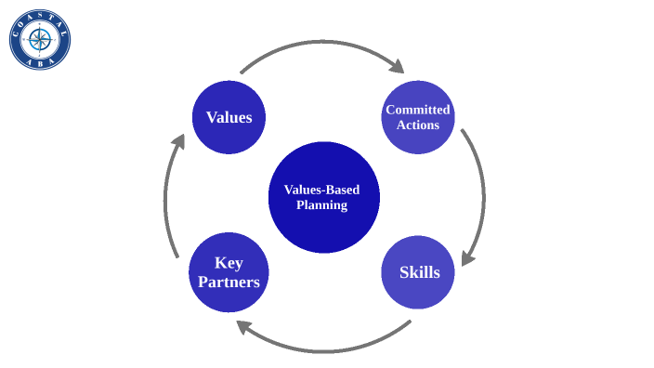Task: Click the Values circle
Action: click(229, 117)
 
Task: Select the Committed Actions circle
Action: click(418, 117)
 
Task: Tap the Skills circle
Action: click(418, 272)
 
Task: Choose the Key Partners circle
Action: click(229, 272)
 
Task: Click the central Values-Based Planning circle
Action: click(323, 197)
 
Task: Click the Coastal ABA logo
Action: click(40, 39)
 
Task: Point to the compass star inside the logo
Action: click(40, 39)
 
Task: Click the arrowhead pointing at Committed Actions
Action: click(398, 66)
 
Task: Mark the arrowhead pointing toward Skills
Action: click(468, 257)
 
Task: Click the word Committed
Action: click(418, 110)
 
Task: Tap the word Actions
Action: click(418, 125)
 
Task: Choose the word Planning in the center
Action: click(322, 205)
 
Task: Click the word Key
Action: click(229, 263)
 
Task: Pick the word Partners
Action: click(229, 282)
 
